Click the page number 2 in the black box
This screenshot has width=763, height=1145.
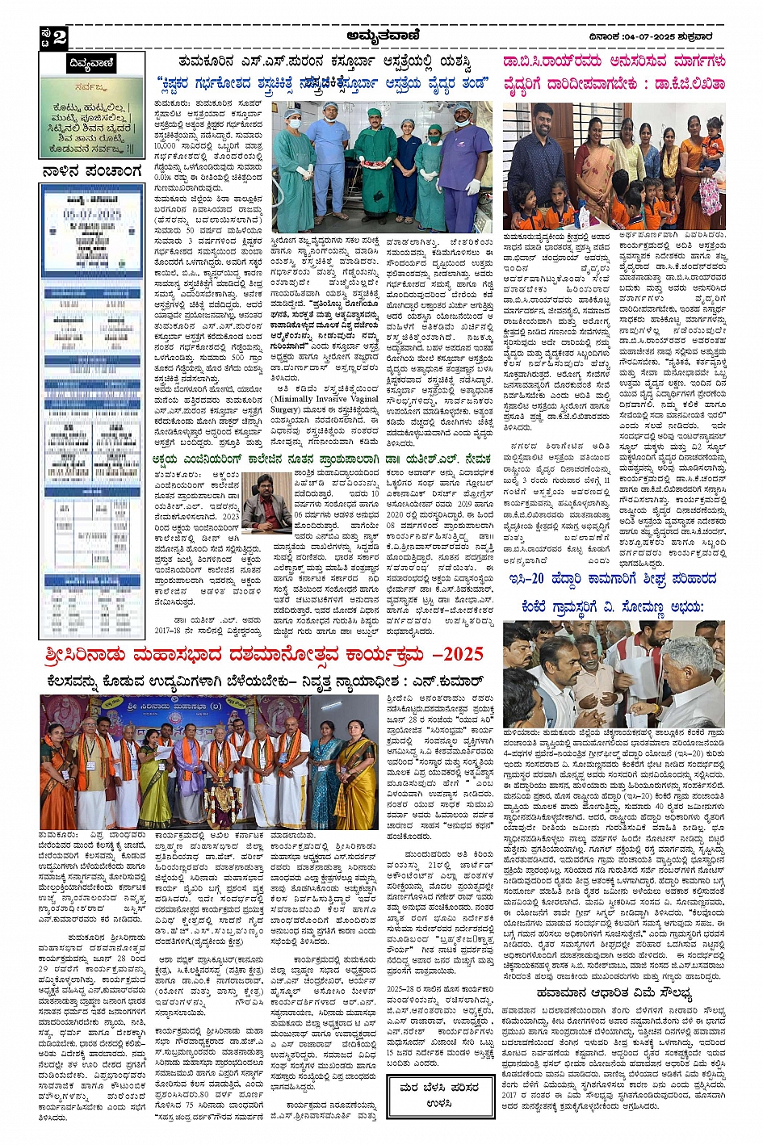[59, 37]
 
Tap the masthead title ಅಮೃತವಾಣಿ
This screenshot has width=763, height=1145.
[380, 35]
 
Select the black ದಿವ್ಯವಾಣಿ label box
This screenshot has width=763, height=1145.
[91, 64]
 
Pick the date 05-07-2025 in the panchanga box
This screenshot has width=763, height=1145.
[91, 215]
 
